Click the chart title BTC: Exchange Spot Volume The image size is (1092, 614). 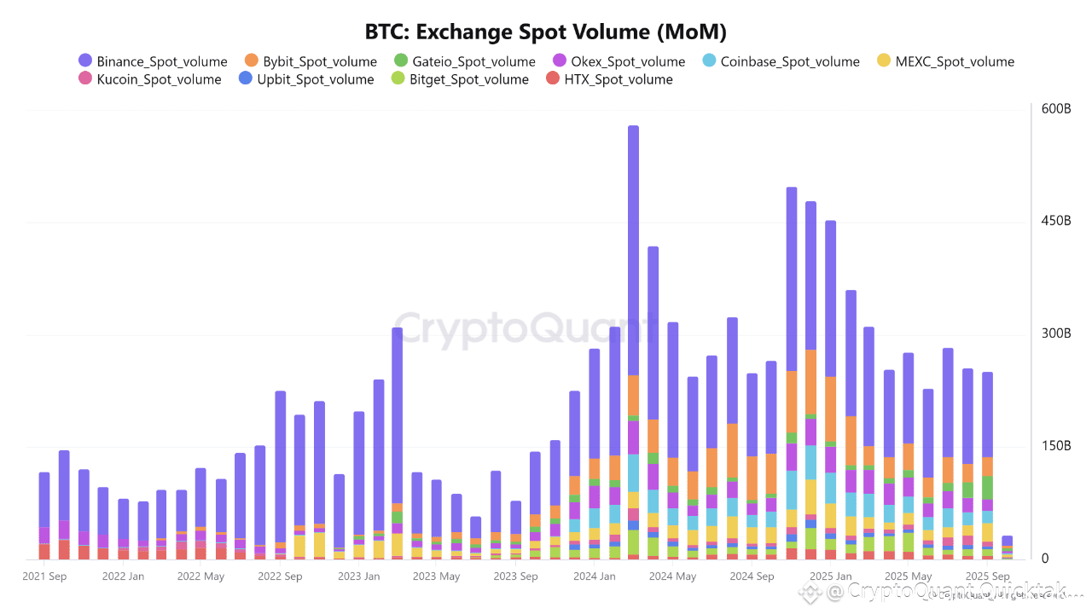click(x=546, y=32)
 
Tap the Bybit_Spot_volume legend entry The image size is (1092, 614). click(x=311, y=61)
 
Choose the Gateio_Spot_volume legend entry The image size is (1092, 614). click(x=465, y=61)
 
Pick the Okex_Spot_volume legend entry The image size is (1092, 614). click(x=619, y=61)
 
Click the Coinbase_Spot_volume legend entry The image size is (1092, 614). click(x=781, y=61)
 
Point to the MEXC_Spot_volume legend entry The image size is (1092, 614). click(x=946, y=61)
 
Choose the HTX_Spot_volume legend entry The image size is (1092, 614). click(x=609, y=79)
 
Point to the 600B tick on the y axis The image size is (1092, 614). click(x=1055, y=109)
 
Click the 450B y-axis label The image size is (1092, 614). click(x=1055, y=222)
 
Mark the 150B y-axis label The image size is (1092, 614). click(x=1055, y=446)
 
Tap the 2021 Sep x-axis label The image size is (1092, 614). click(x=45, y=576)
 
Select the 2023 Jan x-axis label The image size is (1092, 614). click(x=359, y=576)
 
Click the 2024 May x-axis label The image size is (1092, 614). click(x=672, y=576)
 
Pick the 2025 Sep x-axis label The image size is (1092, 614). click(x=987, y=576)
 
